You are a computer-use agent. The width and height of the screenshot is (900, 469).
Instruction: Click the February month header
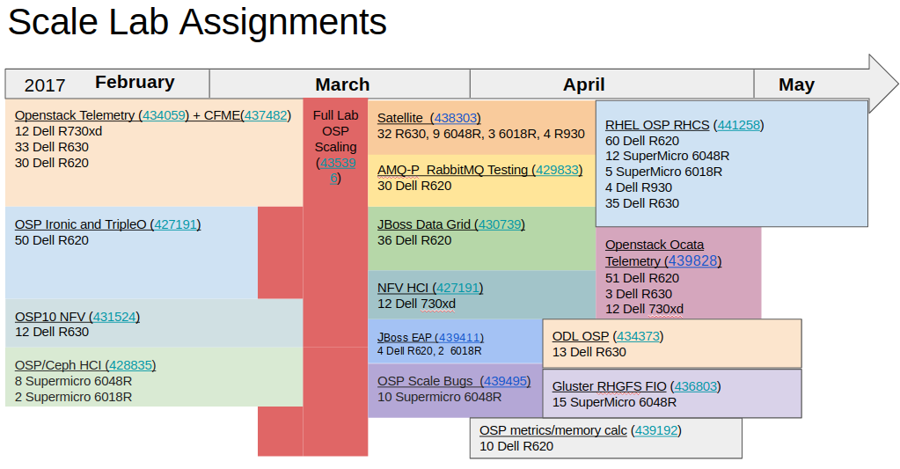point(135,82)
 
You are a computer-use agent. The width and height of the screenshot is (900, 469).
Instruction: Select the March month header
point(342,84)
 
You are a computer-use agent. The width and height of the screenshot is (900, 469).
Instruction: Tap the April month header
point(584,84)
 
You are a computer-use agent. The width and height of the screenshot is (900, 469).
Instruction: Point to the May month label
point(796,84)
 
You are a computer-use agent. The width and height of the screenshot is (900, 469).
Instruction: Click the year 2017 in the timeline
point(45,85)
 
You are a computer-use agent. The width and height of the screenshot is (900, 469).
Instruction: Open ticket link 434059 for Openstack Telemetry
point(165,115)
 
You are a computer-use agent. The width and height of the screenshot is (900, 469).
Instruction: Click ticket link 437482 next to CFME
point(265,115)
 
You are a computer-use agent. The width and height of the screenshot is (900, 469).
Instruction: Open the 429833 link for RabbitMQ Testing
point(558,170)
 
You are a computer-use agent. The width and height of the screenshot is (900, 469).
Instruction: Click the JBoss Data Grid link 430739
point(500,224)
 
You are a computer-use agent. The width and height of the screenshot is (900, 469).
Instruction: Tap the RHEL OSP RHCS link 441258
point(739,125)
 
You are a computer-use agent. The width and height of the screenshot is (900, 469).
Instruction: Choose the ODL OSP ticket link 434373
point(638,336)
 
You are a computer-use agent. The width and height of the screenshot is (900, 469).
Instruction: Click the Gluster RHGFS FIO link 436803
point(696,386)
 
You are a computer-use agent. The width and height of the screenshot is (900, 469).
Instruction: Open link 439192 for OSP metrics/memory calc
point(656,430)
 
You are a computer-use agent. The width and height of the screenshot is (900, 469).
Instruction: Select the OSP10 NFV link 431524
point(114,317)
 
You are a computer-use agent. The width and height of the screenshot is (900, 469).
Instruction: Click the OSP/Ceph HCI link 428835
point(131,365)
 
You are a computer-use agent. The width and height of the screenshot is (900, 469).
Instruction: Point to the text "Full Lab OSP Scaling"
point(336,131)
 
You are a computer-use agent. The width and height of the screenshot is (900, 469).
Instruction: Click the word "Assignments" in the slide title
point(283,23)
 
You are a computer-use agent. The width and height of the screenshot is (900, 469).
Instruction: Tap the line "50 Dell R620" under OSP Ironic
point(52,240)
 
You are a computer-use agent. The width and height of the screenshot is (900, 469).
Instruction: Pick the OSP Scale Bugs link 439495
point(505,381)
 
